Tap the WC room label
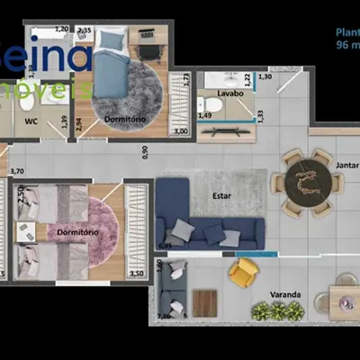(31, 120)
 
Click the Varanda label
(285, 295)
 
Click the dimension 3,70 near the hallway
(16, 170)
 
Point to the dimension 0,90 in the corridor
(146, 151)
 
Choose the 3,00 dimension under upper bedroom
(180, 132)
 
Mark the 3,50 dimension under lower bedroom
(138, 272)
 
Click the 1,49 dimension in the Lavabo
(204, 115)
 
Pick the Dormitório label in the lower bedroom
(76, 231)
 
